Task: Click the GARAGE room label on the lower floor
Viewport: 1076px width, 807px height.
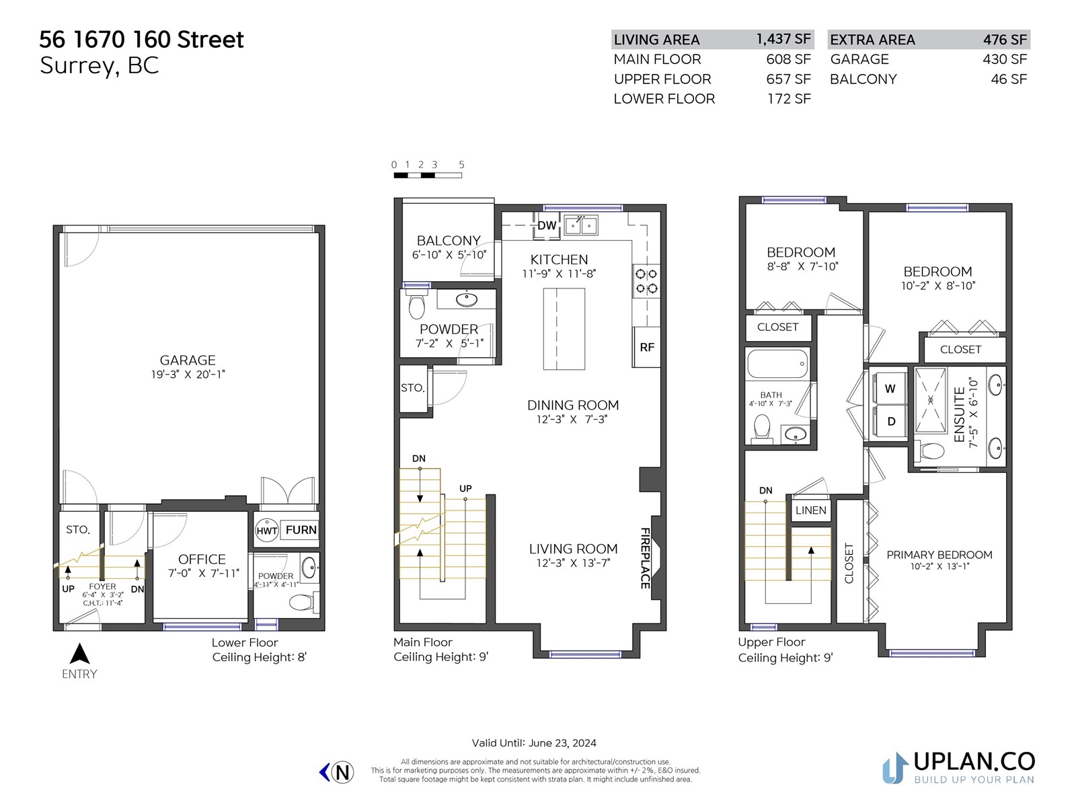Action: (188, 360)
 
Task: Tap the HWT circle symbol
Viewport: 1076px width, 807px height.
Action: (267, 530)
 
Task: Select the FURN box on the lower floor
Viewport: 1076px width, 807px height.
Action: (301, 530)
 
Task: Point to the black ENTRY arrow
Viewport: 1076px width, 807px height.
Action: (79, 654)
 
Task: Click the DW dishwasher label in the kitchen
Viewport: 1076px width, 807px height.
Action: (547, 225)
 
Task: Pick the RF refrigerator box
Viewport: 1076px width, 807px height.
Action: (646, 347)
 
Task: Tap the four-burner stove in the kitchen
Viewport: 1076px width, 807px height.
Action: (646, 281)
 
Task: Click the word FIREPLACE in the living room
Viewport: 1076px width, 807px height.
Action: (645, 558)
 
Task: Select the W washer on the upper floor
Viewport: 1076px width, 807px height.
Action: (890, 389)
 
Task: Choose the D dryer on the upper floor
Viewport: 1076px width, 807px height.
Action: (890, 422)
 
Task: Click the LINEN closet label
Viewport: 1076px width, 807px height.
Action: (811, 510)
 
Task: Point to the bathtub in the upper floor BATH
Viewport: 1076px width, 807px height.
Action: (777, 364)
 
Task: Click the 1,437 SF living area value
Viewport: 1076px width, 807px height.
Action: (783, 39)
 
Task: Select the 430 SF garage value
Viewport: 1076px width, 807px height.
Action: (1005, 59)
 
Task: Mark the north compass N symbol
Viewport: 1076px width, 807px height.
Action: (342, 772)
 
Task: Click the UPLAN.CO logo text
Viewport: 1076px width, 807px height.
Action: (974, 761)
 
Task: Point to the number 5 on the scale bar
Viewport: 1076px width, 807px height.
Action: (461, 165)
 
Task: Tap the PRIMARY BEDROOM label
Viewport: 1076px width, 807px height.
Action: (939, 555)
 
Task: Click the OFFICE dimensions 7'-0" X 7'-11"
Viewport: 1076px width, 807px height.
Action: (204, 573)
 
